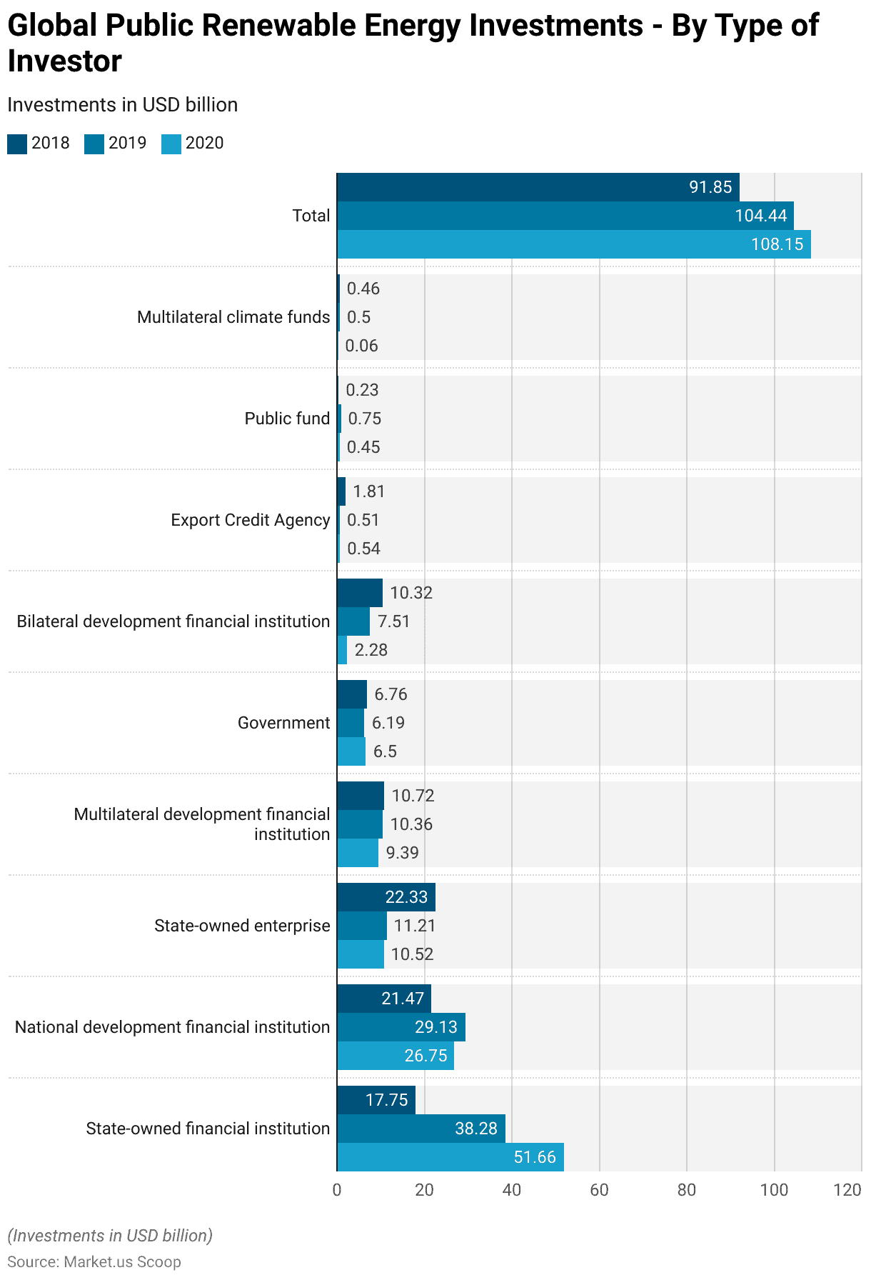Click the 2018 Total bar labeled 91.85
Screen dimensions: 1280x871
pos(538,187)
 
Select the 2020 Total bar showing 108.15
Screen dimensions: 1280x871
pos(573,244)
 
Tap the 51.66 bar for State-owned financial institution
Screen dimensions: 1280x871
pos(450,1157)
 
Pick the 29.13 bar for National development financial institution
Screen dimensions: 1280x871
pos(401,1027)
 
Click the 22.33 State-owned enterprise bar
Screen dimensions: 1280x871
pos(386,897)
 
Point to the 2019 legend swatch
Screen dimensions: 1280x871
pos(94,144)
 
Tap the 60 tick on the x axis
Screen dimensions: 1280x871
pos(599,1190)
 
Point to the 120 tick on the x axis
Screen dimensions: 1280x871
pos(847,1190)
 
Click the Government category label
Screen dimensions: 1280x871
pos(283,723)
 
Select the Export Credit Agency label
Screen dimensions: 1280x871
pos(250,520)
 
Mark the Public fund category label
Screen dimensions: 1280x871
pos(287,419)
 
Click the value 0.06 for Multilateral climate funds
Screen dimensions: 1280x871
pos(361,346)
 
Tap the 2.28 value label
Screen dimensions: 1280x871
pos(371,650)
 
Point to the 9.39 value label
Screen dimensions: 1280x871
pos(402,853)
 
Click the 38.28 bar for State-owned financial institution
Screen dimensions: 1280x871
pos(421,1129)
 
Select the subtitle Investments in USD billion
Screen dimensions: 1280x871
pos(122,105)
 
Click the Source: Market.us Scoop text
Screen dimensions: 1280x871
pos(94,1262)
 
